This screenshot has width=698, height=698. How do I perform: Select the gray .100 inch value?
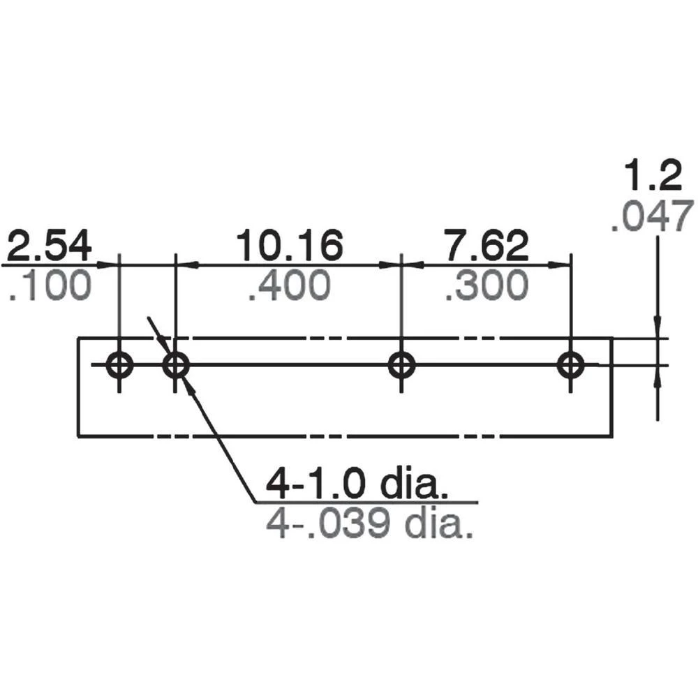[51, 286]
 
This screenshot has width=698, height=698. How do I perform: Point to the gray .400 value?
[289, 286]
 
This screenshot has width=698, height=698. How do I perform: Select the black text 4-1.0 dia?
[356, 484]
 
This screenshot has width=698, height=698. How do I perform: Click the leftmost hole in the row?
[119, 364]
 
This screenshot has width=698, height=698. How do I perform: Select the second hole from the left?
[175, 364]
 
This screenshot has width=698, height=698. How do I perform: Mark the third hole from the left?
[401, 364]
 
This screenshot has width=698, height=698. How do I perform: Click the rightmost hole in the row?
[572, 364]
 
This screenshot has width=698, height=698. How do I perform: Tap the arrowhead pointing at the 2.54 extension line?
[109, 265]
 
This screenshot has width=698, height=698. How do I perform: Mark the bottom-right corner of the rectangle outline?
[611, 437]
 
